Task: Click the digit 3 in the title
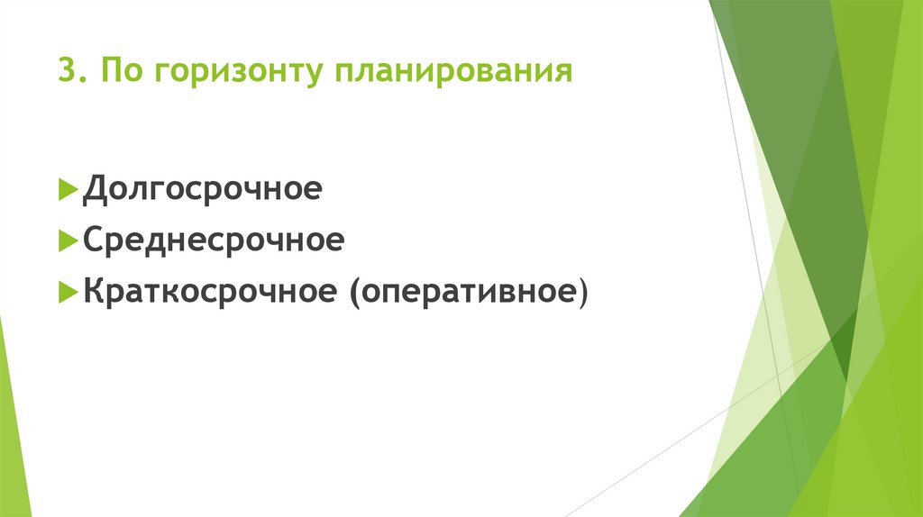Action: coord(66,71)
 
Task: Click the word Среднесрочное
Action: coord(214,241)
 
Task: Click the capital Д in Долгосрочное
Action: coord(94,191)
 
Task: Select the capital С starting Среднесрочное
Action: coord(94,241)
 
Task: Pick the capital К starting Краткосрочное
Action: coord(94,292)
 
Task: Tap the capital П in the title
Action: coord(110,71)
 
